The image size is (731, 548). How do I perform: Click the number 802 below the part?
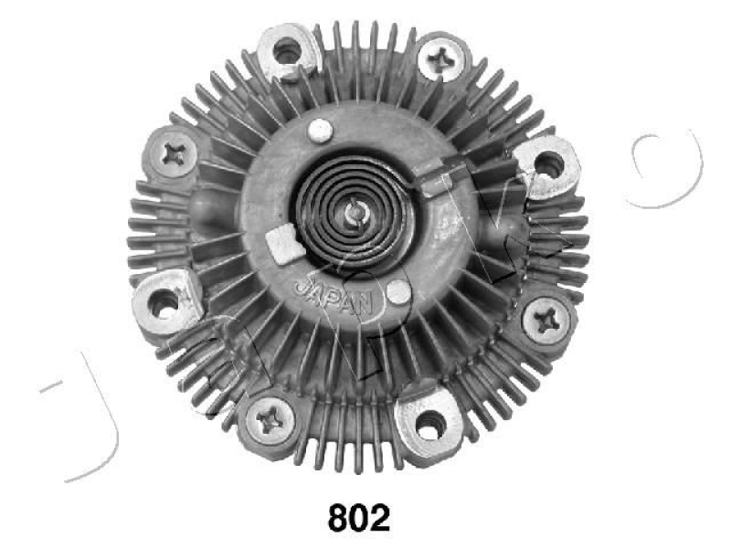(359, 518)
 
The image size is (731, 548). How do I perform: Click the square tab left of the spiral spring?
(282, 244)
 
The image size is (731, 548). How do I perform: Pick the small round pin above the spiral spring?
(319, 131)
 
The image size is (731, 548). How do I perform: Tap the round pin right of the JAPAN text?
(398, 291)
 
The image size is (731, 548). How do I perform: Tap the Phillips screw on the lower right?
(546, 320)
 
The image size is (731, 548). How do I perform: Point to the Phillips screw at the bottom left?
(271, 419)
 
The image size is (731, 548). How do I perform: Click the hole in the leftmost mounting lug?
(164, 304)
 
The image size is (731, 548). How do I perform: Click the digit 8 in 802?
(339, 518)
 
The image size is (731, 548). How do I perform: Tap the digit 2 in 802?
(379, 518)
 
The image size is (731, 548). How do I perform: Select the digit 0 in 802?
(359, 518)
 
